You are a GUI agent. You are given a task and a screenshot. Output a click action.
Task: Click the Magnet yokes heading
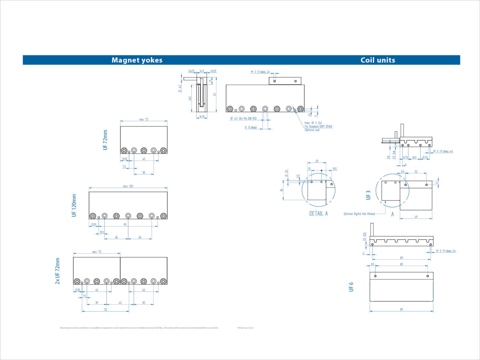coord(137,60)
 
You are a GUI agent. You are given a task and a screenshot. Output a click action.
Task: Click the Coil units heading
coord(378,60)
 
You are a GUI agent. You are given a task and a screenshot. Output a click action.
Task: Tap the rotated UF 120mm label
coord(74,206)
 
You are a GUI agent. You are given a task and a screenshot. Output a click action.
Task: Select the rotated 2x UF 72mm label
coord(58,271)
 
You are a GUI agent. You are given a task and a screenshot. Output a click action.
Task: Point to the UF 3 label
coord(368,195)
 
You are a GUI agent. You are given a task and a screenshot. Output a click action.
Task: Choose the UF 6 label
coord(351,286)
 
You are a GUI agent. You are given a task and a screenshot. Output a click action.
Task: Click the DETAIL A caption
coord(318,214)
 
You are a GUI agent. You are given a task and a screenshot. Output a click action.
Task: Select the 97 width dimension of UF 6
coord(401,309)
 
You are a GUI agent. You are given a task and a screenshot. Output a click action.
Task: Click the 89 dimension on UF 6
coord(401,258)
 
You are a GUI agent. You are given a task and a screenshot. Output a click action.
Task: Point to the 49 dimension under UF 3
coord(416,216)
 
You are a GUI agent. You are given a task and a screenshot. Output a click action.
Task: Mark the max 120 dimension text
coord(128,186)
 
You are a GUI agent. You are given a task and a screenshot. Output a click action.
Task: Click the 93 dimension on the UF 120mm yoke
coord(125,224)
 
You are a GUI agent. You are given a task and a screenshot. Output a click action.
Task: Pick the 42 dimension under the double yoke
coord(120,303)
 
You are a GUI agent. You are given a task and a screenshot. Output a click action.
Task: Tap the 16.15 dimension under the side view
coord(202,117)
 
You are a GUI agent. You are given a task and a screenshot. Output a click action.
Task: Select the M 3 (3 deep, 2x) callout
coord(260,72)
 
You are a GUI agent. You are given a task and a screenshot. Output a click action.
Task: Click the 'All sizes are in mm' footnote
coord(245,328)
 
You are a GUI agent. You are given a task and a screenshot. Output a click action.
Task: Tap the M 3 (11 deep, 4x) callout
coord(443,152)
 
